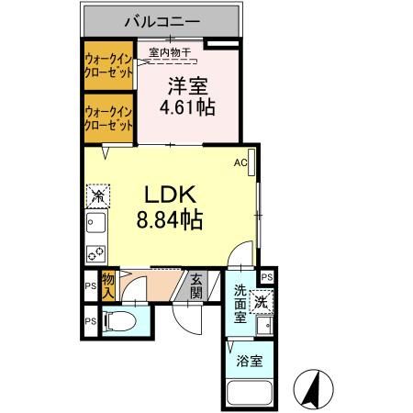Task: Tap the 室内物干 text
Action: tap(170, 53)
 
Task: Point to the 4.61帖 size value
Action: tap(187, 106)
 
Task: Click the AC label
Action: tap(240, 163)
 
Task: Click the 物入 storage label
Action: tap(108, 286)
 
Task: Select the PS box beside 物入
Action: tap(89, 286)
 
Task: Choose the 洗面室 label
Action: tap(239, 304)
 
